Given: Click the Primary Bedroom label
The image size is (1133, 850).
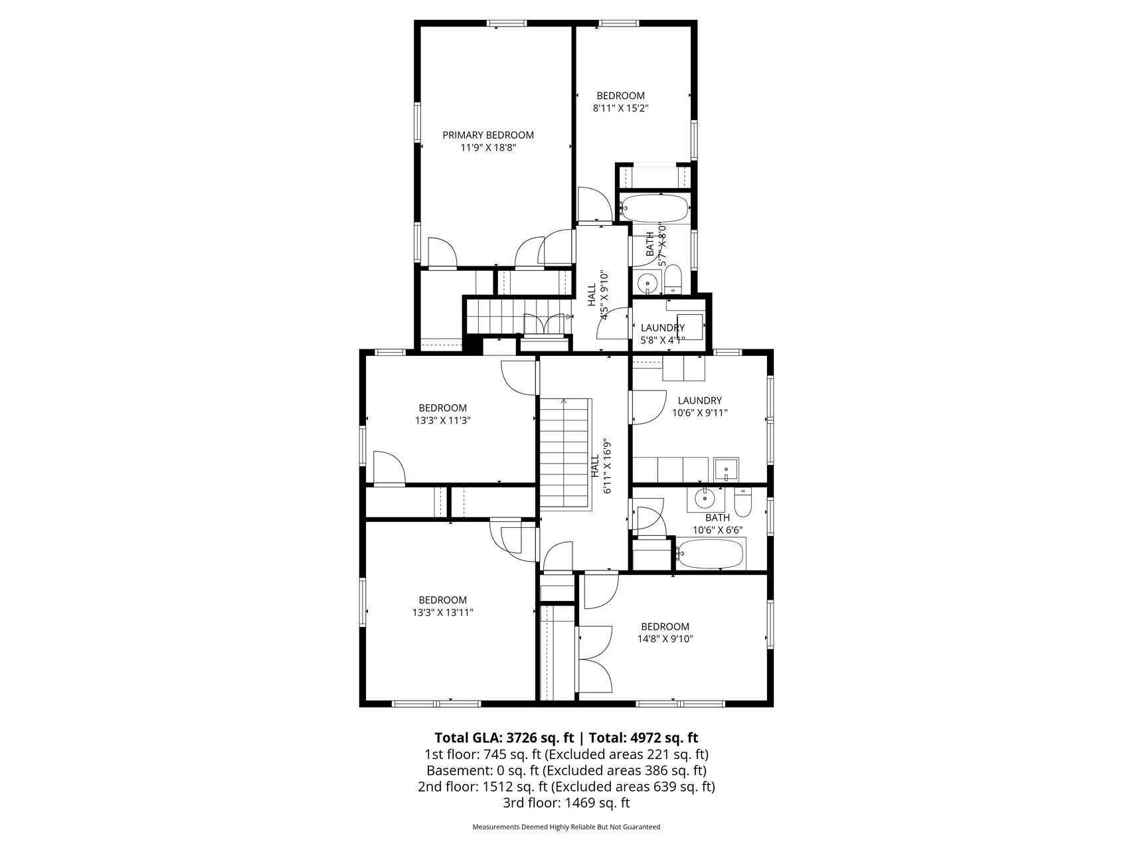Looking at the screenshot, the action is pos(488,141).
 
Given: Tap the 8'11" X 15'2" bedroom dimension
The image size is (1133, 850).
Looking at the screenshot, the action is pos(620,108).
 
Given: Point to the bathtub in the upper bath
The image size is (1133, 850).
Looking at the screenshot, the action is pos(654,209).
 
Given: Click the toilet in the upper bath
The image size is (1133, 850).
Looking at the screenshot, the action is pos(673,280).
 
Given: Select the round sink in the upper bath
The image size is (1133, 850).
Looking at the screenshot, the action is pos(647,284).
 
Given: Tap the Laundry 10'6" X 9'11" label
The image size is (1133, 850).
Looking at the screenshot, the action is pos(699,406).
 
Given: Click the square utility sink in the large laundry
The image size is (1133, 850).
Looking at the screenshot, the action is pos(727,469).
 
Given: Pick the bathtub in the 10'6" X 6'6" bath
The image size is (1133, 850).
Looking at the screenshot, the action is pos(711,554).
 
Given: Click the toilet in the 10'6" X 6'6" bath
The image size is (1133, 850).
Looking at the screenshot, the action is pos(742,503).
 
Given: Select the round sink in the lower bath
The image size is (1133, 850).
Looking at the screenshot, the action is pos(703,497).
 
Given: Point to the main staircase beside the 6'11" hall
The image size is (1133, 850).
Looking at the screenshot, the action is pos(565,454).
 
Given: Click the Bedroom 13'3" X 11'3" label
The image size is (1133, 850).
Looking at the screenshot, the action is pos(442,414).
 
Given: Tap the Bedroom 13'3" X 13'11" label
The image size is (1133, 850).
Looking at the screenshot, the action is pos(442,606).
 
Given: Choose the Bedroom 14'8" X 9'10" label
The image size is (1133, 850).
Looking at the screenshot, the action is pos(665,633).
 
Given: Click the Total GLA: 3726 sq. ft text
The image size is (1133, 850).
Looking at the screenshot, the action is pos(503,738).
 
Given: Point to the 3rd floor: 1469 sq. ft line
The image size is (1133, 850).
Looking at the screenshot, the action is pos(566,803).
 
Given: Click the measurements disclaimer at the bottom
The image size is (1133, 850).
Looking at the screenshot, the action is pos(566,827).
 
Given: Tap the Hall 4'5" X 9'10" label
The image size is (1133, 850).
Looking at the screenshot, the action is pos(598,296).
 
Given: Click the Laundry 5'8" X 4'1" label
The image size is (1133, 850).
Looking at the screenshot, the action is pos(662,334).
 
